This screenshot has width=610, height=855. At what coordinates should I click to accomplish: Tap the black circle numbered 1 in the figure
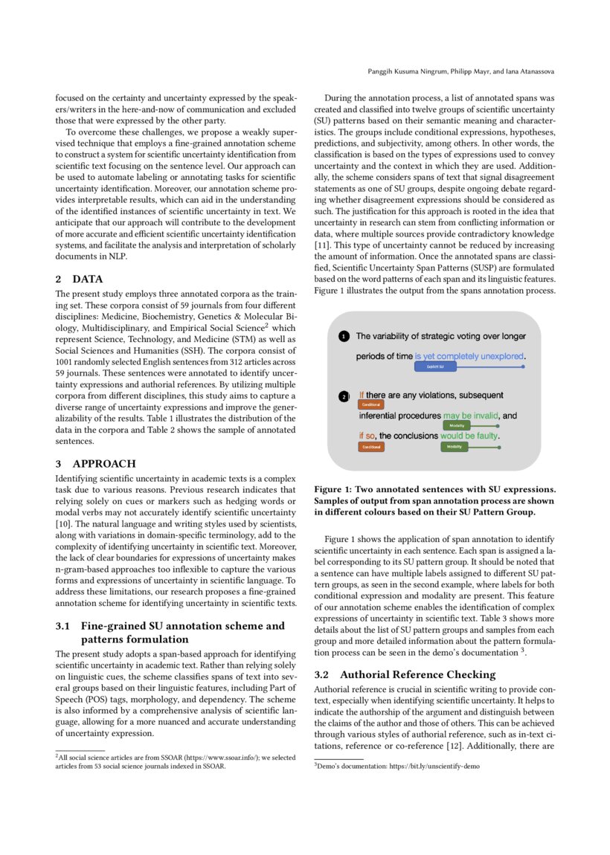point(343,337)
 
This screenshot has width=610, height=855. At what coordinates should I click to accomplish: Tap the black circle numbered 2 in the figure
point(343,396)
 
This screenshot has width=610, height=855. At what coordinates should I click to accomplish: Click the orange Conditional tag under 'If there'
point(370,405)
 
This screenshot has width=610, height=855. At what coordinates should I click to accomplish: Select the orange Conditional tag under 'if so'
point(370,447)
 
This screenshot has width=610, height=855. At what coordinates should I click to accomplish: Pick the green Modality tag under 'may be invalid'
point(457,425)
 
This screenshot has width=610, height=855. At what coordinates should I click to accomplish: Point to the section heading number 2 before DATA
point(59,279)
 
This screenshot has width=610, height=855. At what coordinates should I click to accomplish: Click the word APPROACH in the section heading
point(104,463)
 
